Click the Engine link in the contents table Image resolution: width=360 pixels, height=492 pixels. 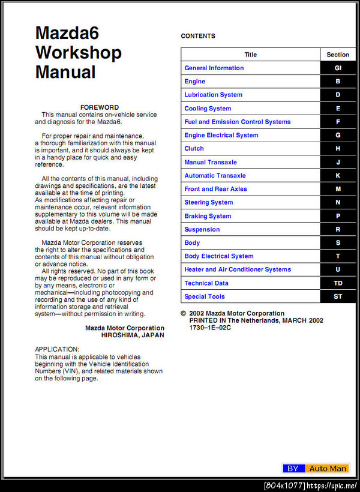[x=194, y=82]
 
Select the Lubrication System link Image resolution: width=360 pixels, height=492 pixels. [x=213, y=95]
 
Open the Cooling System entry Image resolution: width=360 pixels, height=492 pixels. [x=208, y=109]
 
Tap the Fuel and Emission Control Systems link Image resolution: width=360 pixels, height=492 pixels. [x=237, y=122]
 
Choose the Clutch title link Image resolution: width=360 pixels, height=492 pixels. [x=194, y=148]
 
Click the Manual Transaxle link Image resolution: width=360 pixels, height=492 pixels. [x=211, y=162]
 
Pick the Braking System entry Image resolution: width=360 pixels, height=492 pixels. [x=208, y=216]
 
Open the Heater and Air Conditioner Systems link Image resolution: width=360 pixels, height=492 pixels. [x=238, y=269]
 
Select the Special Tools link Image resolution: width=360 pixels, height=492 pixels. [x=205, y=296]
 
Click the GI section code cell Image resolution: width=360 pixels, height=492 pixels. [x=338, y=68]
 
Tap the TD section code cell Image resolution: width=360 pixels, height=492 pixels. [x=338, y=283]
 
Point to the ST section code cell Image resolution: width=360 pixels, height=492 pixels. [x=338, y=296]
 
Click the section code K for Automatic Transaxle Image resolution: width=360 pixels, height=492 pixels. [x=338, y=176]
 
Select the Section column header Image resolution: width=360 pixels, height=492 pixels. [x=338, y=55]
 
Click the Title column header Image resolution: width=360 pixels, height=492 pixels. [x=251, y=55]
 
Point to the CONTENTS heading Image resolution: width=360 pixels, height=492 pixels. [x=198, y=36]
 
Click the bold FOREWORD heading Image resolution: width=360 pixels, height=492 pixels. [x=100, y=107]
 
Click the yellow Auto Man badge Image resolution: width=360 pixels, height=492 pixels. [x=327, y=469]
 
